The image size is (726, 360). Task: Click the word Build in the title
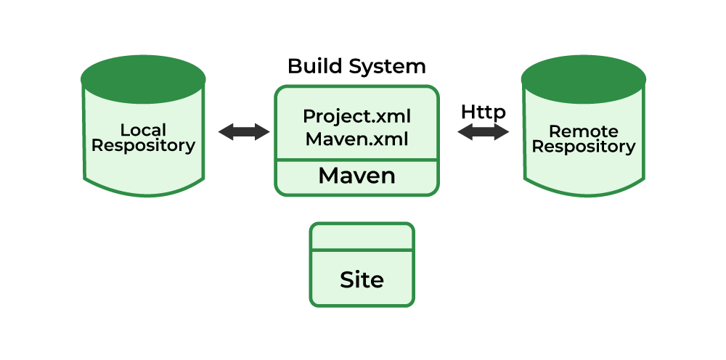tap(314, 66)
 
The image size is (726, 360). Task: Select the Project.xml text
tap(356, 117)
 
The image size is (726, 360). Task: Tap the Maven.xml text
tap(356, 138)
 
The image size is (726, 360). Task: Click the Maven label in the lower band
tap(356, 176)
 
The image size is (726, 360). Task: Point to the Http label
tap(483, 112)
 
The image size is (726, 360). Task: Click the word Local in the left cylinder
tap(143, 131)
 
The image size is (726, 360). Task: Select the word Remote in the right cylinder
tap(584, 131)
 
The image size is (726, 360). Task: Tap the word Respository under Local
tap(143, 146)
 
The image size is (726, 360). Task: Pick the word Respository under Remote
tap(584, 147)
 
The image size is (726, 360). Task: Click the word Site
tap(362, 280)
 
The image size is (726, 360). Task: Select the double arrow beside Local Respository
tap(244, 132)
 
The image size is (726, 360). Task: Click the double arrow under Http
tap(483, 132)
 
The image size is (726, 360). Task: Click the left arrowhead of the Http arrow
tap(465, 132)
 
